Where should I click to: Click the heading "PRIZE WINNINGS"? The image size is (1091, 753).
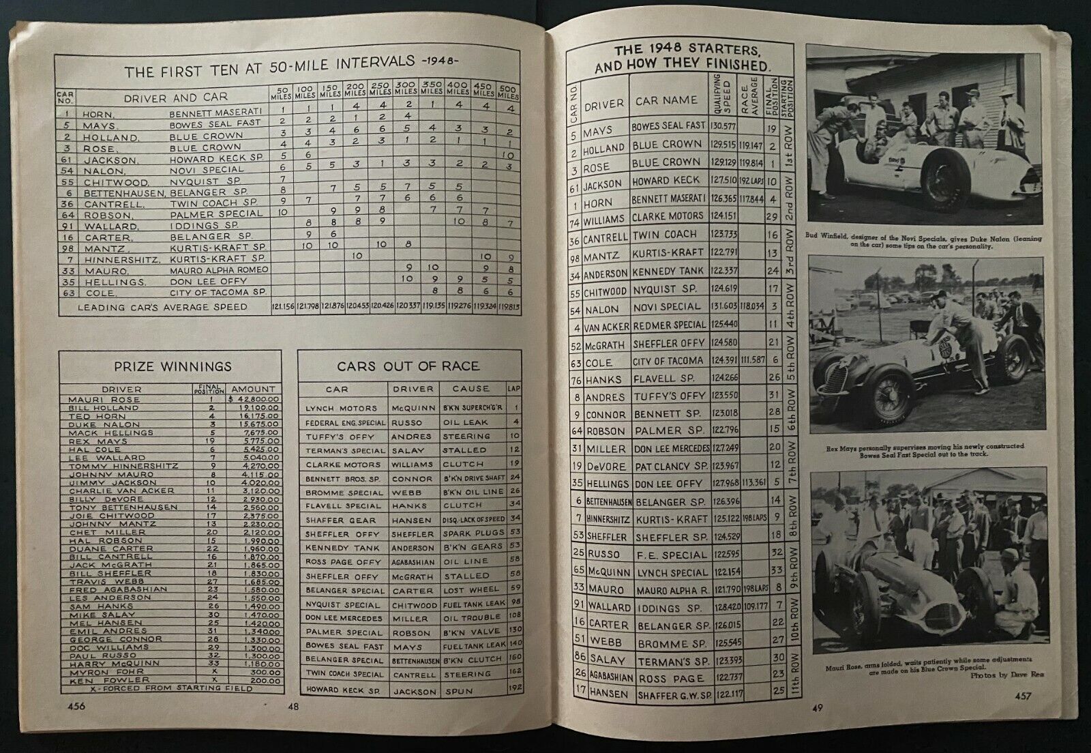(170, 367)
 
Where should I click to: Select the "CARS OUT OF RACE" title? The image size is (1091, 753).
(408, 367)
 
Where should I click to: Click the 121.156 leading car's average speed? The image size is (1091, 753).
(282, 307)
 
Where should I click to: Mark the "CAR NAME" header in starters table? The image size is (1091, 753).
(666, 100)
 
